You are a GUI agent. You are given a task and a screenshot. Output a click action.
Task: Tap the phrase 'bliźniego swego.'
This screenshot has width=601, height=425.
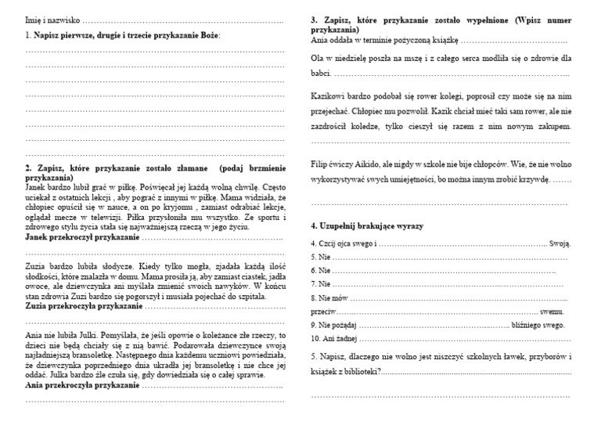pyautogui.click(x=539, y=324)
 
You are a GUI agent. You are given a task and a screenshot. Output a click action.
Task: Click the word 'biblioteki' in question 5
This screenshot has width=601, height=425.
pyautogui.click(x=360, y=371)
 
